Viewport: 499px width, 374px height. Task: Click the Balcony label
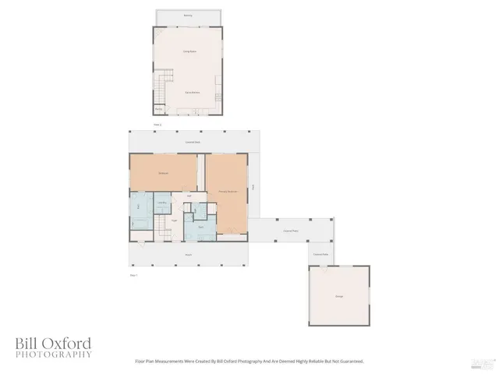tap(187, 15)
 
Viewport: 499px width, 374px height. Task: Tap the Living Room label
tap(188, 52)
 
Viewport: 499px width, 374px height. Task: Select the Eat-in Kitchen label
tap(190, 92)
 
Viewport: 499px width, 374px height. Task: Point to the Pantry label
tap(159, 109)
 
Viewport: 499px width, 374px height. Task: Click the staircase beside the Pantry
tap(161, 86)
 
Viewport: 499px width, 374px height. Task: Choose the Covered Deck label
tap(190, 142)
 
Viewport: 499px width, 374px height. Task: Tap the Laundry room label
tap(162, 203)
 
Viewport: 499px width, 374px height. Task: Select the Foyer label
tap(174, 221)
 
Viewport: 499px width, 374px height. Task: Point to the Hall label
tap(189, 196)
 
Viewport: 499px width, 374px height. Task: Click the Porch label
tap(189, 254)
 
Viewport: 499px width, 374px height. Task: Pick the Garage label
tap(339, 296)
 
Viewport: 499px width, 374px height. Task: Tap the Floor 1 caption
tap(133, 275)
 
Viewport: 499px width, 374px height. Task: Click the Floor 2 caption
tap(157, 125)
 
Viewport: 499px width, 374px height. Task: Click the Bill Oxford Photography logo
tap(53, 348)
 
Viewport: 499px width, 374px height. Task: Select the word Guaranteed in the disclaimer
tap(349, 362)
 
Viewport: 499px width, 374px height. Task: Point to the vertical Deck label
tap(253, 186)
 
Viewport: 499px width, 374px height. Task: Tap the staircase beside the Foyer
tap(161, 227)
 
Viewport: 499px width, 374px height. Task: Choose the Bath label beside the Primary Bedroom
tap(201, 227)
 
